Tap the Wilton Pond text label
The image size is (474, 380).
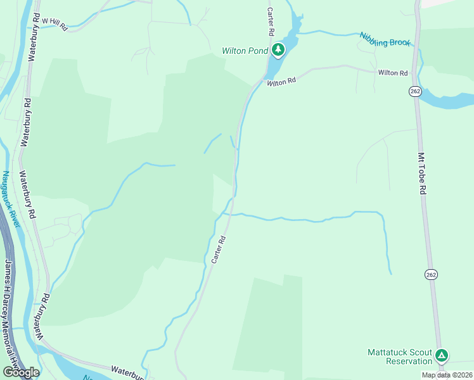[x=245, y=51]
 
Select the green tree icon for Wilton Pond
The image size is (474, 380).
[x=277, y=49]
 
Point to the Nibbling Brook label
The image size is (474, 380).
[x=385, y=39]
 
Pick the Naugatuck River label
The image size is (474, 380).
[x=11, y=199]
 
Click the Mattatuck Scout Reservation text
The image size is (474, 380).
[x=400, y=357]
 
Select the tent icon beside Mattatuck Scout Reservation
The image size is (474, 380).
[x=442, y=357]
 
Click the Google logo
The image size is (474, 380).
[x=20, y=372]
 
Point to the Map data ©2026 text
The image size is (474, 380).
[x=447, y=375]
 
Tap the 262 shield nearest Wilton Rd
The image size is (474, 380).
[x=415, y=92]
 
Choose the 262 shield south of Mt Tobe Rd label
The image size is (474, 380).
[x=432, y=274]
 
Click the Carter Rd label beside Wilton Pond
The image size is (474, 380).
[x=271, y=22]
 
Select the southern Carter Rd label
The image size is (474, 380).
[x=219, y=250]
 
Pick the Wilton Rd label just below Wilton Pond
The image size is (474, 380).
[x=281, y=82]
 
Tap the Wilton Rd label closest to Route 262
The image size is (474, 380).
[x=393, y=73]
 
